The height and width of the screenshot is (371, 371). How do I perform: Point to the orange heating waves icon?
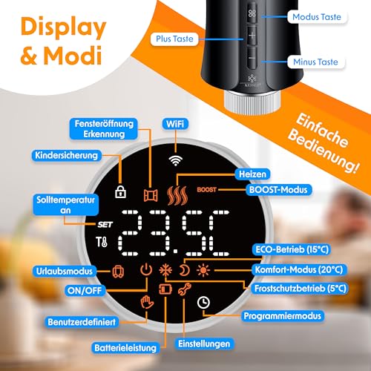pyautogui.click(x=177, y=194)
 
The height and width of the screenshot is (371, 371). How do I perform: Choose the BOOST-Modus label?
pyautogui.click(x=279, y=188)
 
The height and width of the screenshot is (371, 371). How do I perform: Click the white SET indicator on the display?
pyautogui.click(x=102, y=224)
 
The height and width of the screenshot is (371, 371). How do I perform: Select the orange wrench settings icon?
pyautogui.click(x=202, y=292)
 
